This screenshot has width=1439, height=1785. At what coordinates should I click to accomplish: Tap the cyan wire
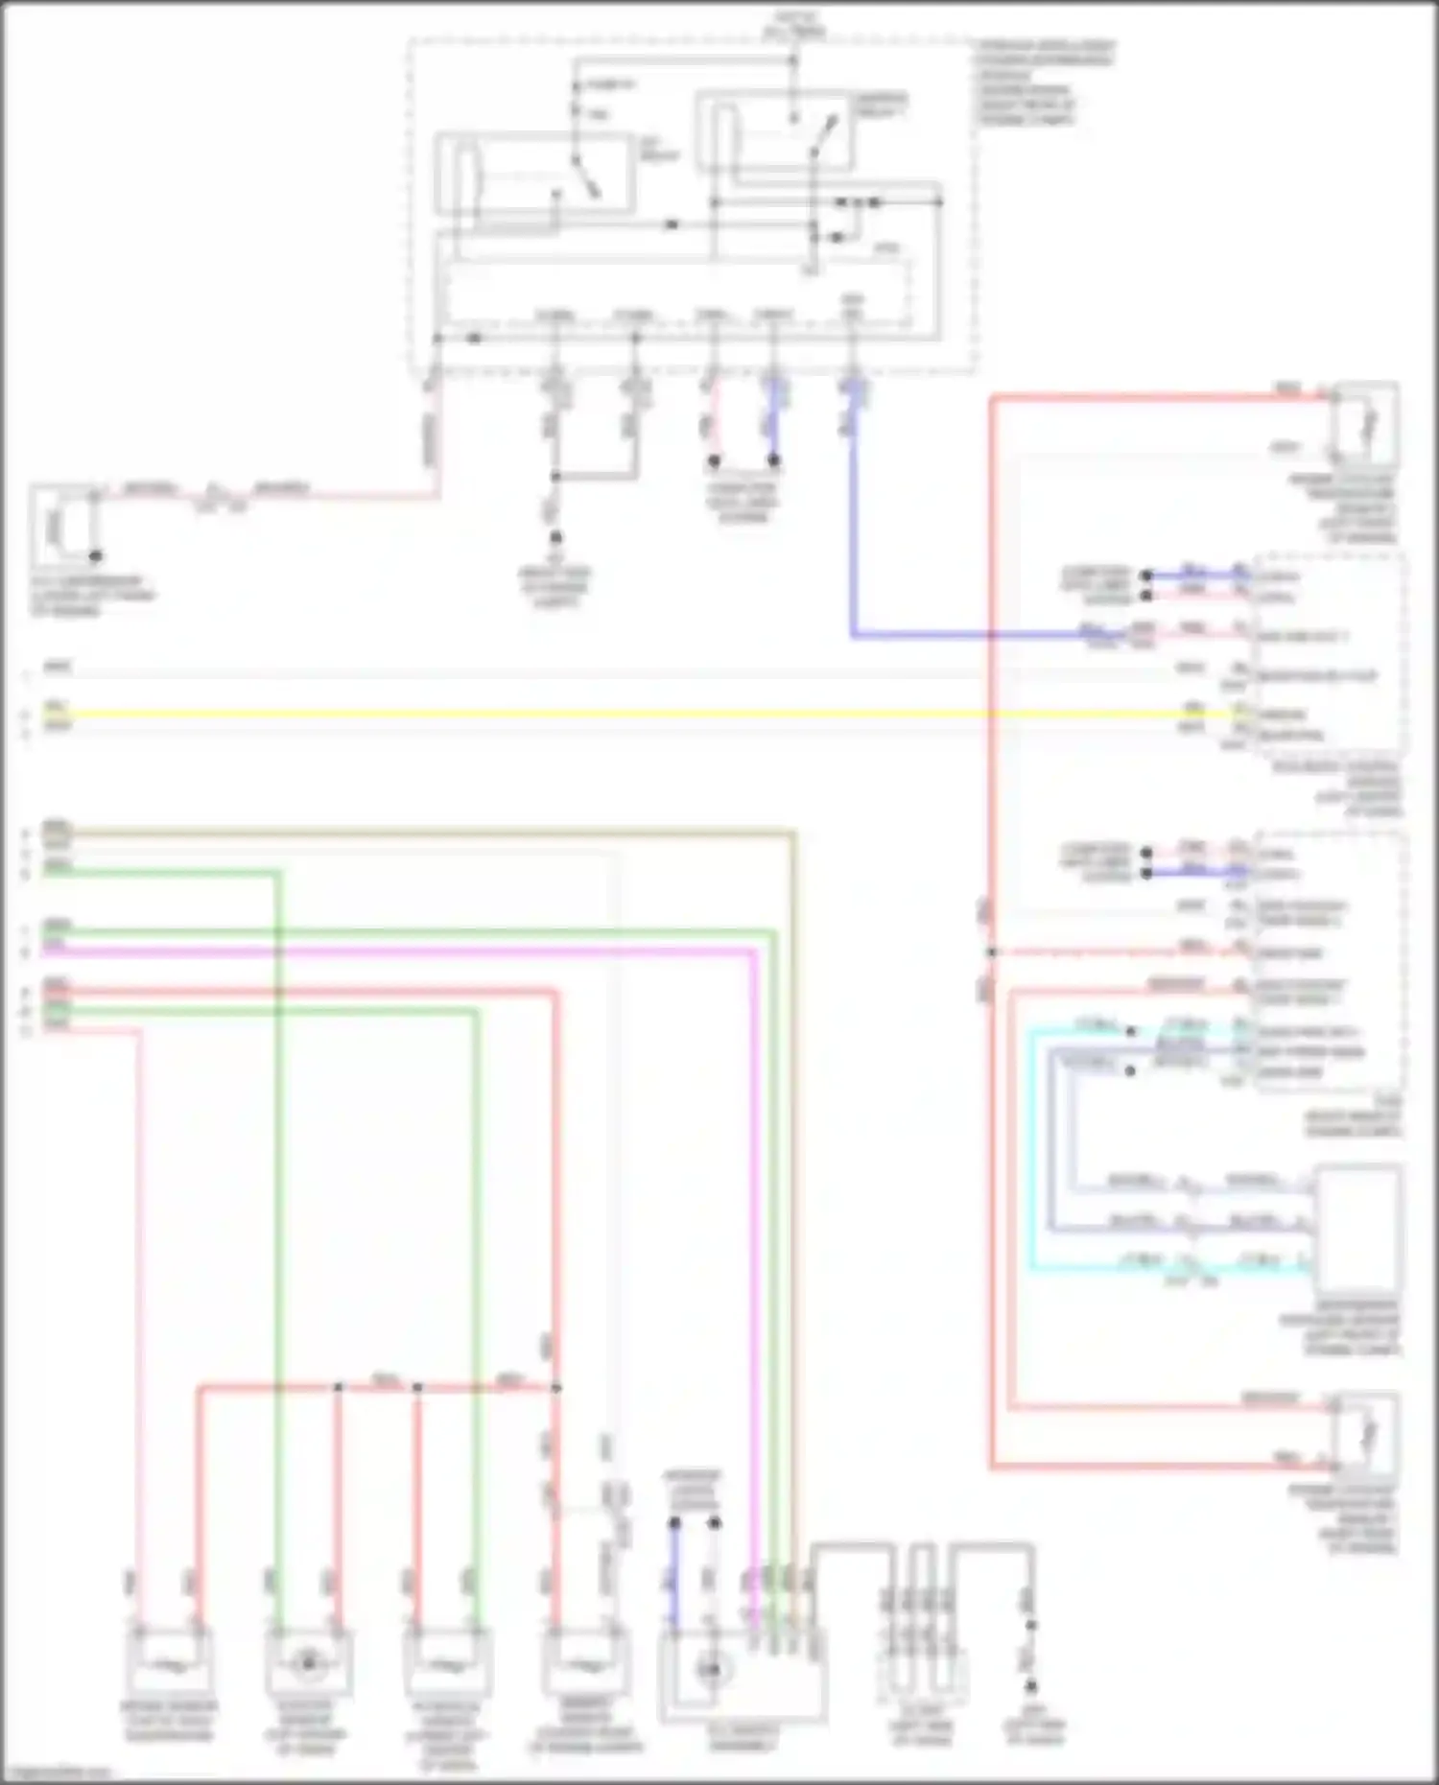1032,1151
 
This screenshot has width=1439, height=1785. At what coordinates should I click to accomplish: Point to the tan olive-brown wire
432,831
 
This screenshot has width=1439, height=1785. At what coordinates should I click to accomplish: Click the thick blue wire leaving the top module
852,537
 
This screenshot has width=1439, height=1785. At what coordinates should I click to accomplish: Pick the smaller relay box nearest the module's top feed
772,130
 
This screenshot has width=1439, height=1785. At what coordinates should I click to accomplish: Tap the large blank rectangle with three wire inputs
1357,1230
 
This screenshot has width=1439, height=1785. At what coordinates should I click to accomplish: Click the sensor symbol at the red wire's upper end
1366,423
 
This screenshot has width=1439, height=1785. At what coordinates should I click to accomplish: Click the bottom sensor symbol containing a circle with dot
308,1664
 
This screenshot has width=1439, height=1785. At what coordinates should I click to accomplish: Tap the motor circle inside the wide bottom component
711,1671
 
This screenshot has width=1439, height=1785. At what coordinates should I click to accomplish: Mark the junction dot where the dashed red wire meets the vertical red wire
992,952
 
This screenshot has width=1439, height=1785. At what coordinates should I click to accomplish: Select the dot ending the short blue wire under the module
773,461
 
